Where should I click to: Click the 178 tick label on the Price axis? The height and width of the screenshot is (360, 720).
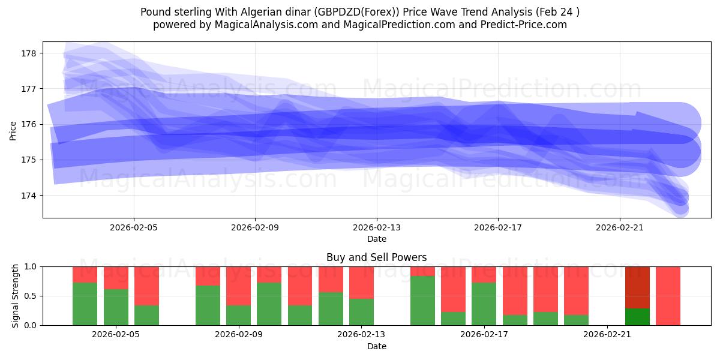tap(29, 53)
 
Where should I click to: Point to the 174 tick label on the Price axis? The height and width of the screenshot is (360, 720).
tap(29, 196)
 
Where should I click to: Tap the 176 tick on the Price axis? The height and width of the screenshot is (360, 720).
tap(29, 124)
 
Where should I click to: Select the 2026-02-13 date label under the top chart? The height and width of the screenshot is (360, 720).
tap(377, 228)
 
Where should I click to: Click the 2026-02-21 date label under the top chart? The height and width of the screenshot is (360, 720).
tap(619, 228)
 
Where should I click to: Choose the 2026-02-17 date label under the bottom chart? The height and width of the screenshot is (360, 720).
tap(485, 335)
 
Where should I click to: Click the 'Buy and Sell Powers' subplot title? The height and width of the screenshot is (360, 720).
tap(376, 257)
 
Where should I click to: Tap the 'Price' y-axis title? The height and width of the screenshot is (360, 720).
tap(13, 130)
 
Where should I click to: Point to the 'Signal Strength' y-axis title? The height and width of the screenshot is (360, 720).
tap(16, 296)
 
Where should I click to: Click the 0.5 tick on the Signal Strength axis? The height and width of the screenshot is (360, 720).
tap(30, 296)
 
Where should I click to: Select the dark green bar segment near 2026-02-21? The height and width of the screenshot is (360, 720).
tap(637, 317)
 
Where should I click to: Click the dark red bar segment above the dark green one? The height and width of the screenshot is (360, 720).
tap(637, 287)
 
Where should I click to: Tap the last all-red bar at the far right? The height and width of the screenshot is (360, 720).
tap(668, 296)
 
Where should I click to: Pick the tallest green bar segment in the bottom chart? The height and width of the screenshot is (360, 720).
tap(422, 301)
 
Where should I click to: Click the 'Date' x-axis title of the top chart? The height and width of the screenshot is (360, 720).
tap(376, 239)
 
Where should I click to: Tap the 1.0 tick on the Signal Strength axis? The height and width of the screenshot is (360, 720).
tap(30, 266)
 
